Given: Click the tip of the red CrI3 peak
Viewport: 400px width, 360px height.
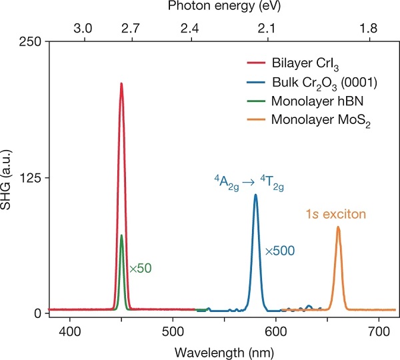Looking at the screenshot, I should [x=121, y=84].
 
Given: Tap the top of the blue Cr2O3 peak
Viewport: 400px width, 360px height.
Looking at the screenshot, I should [x=255, y=195].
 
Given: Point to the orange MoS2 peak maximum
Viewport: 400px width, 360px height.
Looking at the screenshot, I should [x=338, y=227].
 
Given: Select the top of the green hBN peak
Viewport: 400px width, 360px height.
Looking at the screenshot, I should [x=121, y=235].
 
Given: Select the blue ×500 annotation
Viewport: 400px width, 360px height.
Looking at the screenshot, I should [x=279, y=251].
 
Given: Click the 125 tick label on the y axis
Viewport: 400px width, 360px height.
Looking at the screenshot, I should [x=33, y=177].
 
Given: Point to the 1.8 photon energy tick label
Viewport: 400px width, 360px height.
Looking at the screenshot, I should [x=368, y=29].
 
